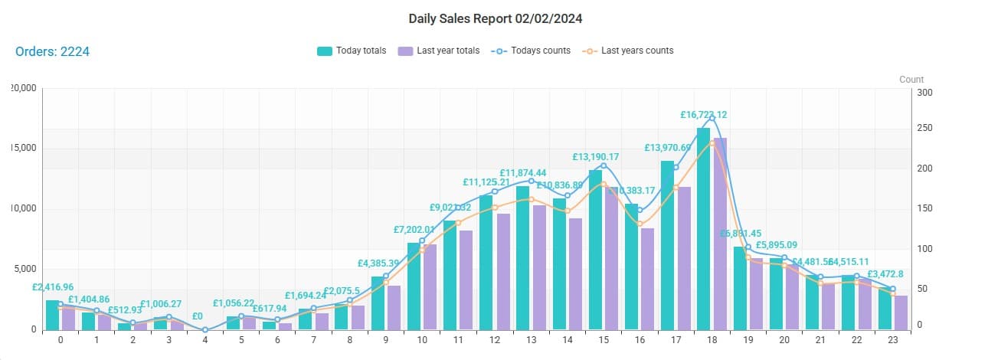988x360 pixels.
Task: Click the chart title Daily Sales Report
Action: point(500,18)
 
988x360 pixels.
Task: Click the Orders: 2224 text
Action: point(53,51)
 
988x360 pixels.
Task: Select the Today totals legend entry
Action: point(352,51)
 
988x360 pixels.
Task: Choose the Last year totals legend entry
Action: point(439,51)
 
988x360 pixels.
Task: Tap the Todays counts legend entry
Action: point(531,51)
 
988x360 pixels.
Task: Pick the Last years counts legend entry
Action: point(629,51)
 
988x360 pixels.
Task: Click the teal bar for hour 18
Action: point(703,230)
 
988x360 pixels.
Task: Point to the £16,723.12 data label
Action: point(703,115)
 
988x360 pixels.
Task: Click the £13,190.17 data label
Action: point(595,157)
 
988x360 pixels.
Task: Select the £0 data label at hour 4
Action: point(197,316)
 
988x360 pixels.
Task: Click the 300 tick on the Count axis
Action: point(925,93)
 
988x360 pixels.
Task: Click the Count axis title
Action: point(911,80)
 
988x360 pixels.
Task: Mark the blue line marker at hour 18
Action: point(712,119)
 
